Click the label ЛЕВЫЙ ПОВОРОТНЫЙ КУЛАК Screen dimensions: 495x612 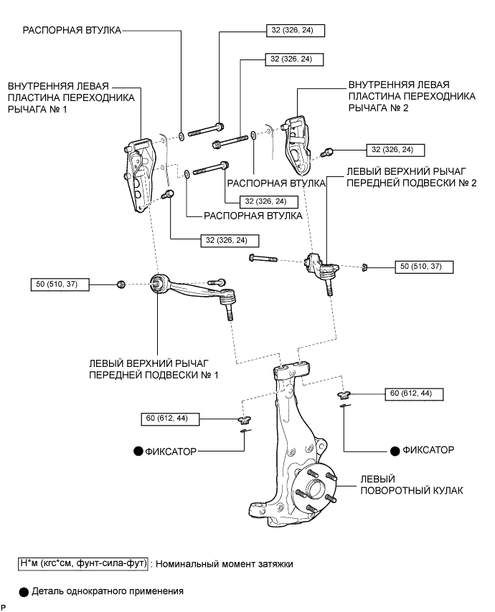tap(411, 484)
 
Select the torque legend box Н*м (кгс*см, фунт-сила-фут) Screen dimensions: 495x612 tap(83, 563)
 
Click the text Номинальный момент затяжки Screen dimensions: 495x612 tap(225, 564)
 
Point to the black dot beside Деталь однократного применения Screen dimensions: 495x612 tap(24, 592)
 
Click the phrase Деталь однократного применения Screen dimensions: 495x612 tap(108, 591)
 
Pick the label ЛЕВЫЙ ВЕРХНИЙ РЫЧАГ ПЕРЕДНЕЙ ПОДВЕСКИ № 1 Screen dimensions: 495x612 tap(154, 369)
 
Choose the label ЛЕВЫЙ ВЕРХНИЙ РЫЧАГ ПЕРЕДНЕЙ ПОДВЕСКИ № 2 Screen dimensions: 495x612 tap(412, 177)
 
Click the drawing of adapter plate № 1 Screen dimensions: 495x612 tap(138, 176)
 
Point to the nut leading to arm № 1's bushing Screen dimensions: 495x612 tap(121, 285)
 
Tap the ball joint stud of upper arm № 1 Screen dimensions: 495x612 tap(230, 312)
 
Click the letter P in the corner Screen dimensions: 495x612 tap(4, 607)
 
